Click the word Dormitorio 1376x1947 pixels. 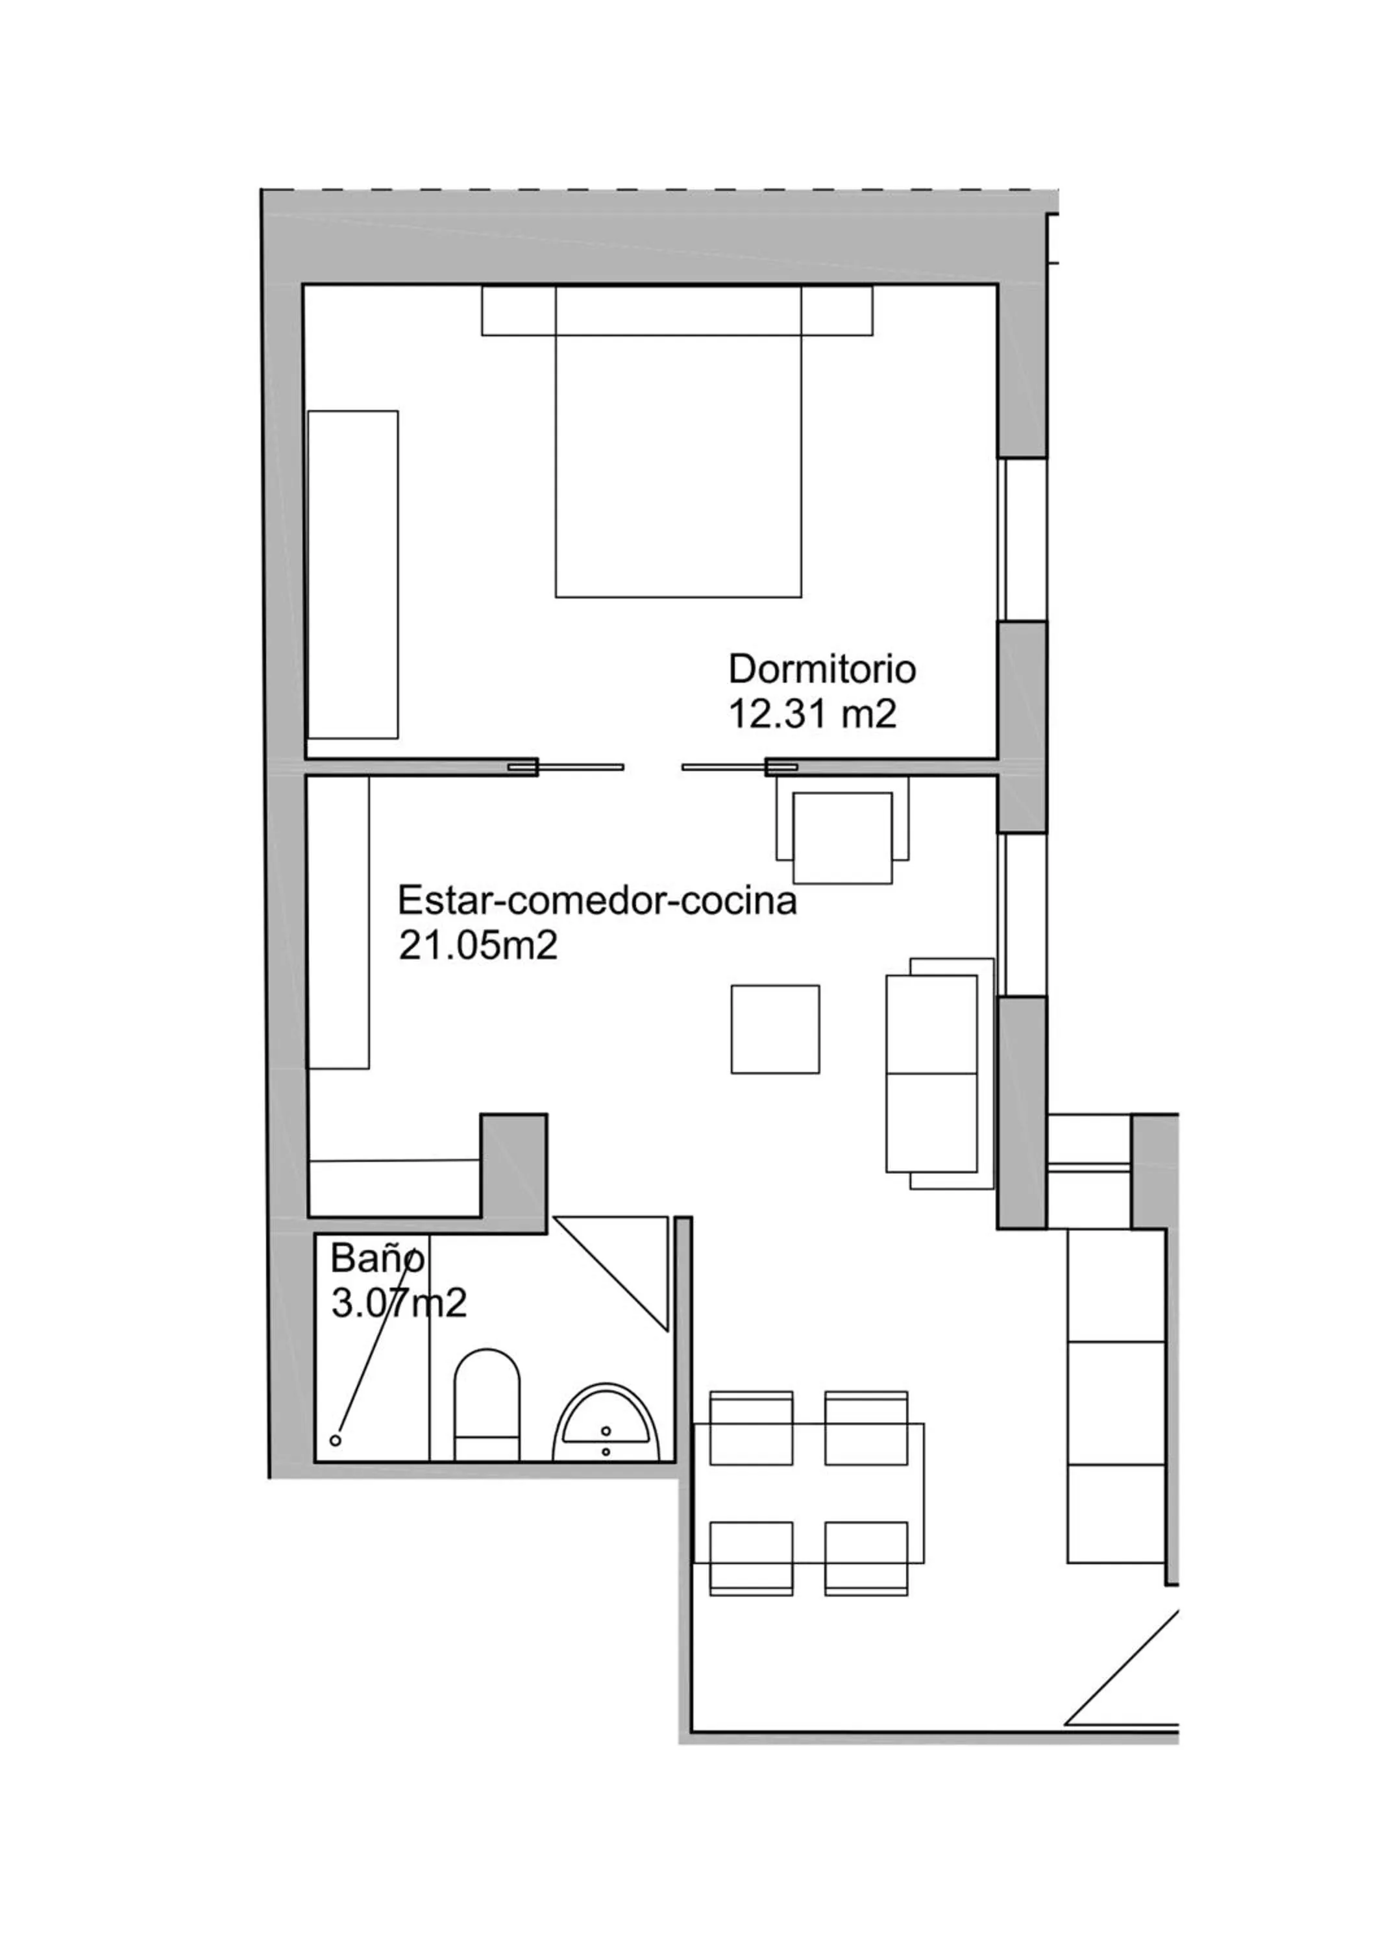click(x=822, y=669)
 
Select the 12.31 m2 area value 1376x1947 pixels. click(x=811, y=714)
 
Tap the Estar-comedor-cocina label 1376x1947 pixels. click(x=597, y=901)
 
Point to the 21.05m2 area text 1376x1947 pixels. click(x=478, y=946)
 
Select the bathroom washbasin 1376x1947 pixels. click(x=606, y=1425)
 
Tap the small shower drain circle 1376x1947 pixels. click(x=336, y=1440)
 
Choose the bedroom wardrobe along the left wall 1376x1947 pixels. click(x=352, y=574)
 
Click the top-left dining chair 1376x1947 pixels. click(x=750, y=1428)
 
